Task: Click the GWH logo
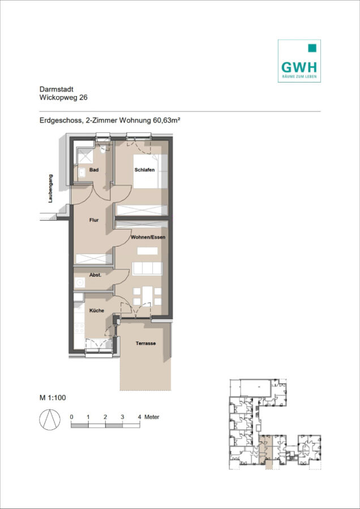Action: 299,61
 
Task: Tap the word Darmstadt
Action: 56,89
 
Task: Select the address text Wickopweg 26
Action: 63,97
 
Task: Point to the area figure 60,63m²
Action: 166,121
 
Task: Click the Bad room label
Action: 94,170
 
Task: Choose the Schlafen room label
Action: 144,170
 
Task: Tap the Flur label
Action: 94,220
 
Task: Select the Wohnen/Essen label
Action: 148,238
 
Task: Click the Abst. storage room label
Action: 96,275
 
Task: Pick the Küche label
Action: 97,310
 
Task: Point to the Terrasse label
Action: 145,343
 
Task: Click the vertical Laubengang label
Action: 50,188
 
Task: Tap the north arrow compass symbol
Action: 50,420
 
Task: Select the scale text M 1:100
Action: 53,398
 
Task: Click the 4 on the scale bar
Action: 139,417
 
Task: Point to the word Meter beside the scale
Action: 152,417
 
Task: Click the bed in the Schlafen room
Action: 151,171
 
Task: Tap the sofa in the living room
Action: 148,269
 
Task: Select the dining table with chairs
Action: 148,296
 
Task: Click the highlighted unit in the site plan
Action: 266,452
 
